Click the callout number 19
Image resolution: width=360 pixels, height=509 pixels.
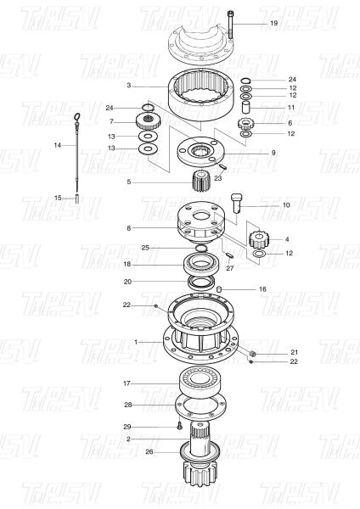click(274, 24)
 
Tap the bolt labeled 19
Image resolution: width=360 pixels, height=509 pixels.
click(230, 25)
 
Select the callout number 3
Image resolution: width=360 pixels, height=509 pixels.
click(129, 86)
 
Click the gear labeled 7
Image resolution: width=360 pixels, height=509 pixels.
click(147, 121)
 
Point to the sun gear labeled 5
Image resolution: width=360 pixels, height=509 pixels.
click(200, 182)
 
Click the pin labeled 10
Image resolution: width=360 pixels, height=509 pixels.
click(238, 204)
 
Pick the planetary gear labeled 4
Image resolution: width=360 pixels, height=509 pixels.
click(257, 239)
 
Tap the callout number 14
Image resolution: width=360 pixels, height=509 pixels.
click(58, 145)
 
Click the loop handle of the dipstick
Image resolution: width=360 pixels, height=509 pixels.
click(77, 116)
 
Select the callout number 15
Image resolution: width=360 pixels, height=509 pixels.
click(58, 198)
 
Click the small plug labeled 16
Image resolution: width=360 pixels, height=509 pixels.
click(219, 289)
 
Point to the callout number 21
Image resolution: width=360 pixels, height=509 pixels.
click(294, 352)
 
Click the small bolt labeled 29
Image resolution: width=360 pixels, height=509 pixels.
click(179, 426)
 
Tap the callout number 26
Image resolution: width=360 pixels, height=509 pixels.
click(149, 451)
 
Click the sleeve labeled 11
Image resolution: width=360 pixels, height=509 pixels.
click(245, 106)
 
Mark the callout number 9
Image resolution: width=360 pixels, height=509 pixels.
click(273, 153)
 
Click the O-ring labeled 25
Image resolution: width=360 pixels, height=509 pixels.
click(201, 249)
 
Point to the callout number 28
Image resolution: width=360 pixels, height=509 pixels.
click(128, 405)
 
